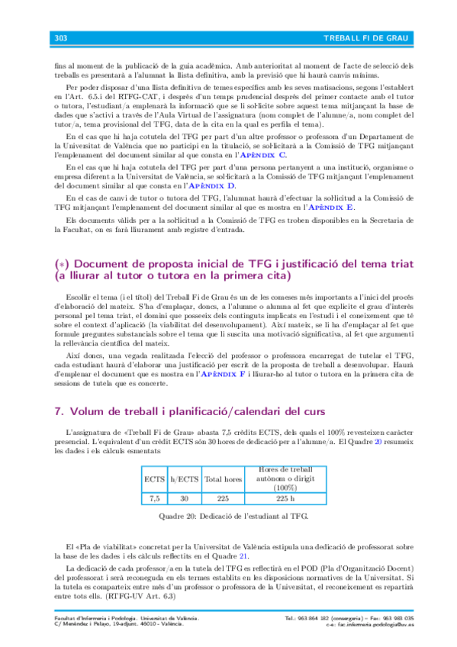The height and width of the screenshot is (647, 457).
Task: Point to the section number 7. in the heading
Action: point(60,411)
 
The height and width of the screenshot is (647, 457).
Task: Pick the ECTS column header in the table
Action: point(155,479)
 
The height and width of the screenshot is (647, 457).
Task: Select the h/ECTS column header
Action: point(184,479)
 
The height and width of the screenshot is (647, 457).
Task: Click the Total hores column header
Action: point(224,479)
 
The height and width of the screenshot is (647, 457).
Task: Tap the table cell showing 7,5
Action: point(155,498)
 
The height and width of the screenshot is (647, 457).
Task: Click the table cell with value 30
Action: point(184,498)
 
